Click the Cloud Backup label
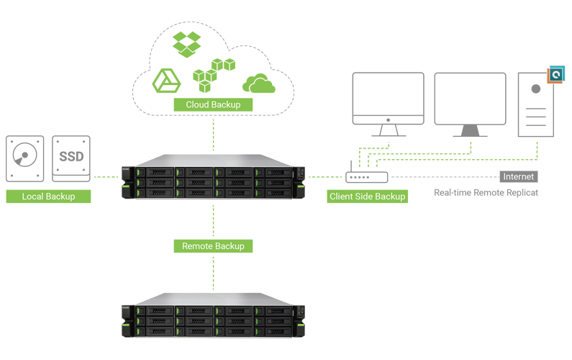click(213, 104)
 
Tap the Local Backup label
click(48, 197)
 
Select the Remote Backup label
click(213, 246)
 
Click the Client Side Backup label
click(367, 196)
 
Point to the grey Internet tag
click(519, 176)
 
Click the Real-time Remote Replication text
click(486, 193)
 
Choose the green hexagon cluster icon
click(214, 74)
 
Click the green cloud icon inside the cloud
click(258, 83)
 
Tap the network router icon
click(366, 176)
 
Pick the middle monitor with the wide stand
click(470, 104)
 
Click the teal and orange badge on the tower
click(555, 73)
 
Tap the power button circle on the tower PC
click(536, 89)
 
